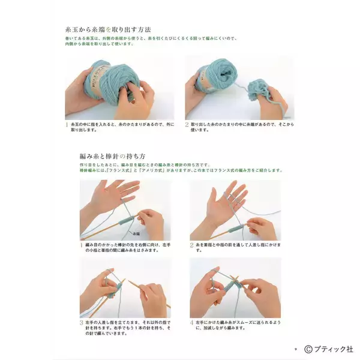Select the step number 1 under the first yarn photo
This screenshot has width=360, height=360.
[67, 125]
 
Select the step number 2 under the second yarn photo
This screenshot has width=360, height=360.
[187, 125]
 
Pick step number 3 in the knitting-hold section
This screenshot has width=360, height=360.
[82, 322]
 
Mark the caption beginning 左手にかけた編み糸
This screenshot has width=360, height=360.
[237, 325]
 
